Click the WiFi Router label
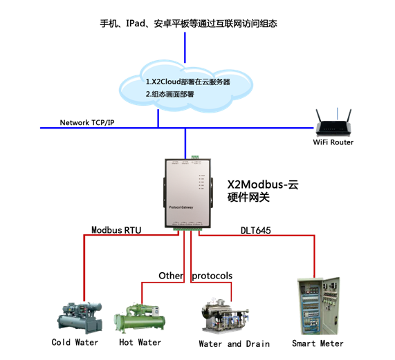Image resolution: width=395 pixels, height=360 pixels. (333, 142)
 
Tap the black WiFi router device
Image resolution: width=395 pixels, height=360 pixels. (333, 123)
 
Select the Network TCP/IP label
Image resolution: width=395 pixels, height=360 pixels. (87, 122)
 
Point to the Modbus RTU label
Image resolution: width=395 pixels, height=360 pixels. (116, 230)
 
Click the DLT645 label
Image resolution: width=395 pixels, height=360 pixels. (255, 230)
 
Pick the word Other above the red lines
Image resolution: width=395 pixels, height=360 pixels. (171, 276)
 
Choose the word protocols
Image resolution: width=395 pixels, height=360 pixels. (212, 276)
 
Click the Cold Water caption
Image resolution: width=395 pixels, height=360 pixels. (75, 342)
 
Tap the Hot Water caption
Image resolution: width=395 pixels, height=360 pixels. (140, 342)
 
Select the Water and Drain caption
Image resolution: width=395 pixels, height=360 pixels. (235, 343)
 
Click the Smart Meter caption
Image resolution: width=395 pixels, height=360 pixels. (318, 343)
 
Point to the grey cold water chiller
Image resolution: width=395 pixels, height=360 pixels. (80, 318)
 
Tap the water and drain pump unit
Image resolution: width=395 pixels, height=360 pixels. (225, 316)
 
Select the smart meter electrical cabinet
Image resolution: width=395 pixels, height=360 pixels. (318, 306)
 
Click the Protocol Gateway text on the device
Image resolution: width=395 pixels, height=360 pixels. (181, 207)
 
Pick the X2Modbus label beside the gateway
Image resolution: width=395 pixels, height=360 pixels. (263, 184)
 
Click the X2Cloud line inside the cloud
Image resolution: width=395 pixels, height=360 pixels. (188, 82)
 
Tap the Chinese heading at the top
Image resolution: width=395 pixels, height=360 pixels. (189, 23)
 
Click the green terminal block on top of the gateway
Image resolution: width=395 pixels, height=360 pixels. (194, 158)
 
